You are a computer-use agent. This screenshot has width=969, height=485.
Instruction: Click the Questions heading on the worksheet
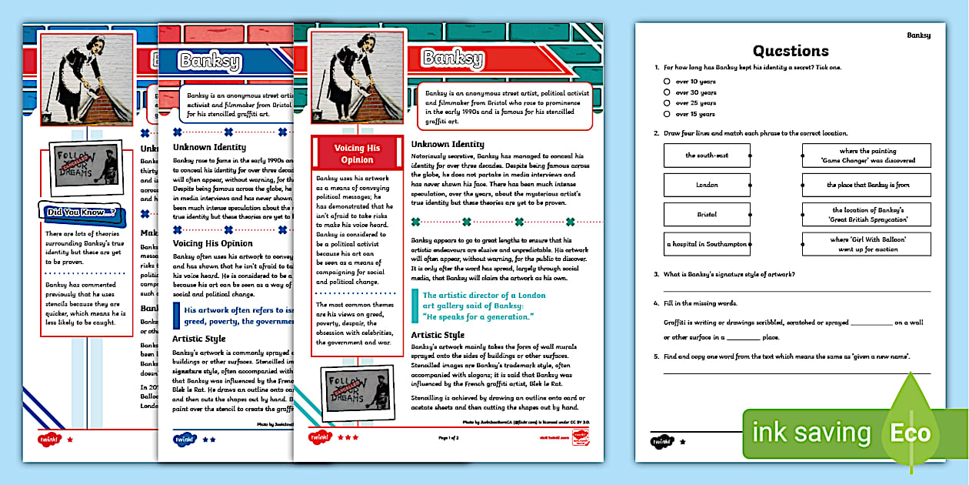point(791,51)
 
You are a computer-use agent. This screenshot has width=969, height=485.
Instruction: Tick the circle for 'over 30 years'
point(668,92)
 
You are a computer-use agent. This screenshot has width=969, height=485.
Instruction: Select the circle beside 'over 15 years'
point(668,114)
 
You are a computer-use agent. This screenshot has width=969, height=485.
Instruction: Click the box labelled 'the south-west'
point(707,156)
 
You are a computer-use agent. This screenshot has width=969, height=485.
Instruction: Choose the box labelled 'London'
point(707,185)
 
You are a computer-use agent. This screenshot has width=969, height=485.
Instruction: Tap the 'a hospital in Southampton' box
point(707,244)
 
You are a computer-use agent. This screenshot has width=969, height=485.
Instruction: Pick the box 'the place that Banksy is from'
point(867,185)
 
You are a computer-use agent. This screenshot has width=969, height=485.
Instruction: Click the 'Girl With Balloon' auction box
point(867,244)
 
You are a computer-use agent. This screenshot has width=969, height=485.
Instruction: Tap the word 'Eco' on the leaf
point(911,433)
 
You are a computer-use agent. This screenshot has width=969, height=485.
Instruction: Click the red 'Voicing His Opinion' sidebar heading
point(357,153)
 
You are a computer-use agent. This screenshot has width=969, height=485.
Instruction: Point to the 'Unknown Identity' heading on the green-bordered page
point(448,144)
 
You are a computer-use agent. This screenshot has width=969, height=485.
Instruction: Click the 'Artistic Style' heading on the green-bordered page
point(438,335)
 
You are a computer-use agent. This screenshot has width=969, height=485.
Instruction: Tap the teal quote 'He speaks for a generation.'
point(478,316)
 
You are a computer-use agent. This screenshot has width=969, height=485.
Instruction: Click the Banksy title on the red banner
point(453,59)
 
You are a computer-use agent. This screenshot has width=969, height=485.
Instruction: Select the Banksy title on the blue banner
point(209,62)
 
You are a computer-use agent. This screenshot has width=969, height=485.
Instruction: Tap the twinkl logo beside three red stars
point(318,438)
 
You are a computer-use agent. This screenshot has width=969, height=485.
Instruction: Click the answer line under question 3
point(797,291)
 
